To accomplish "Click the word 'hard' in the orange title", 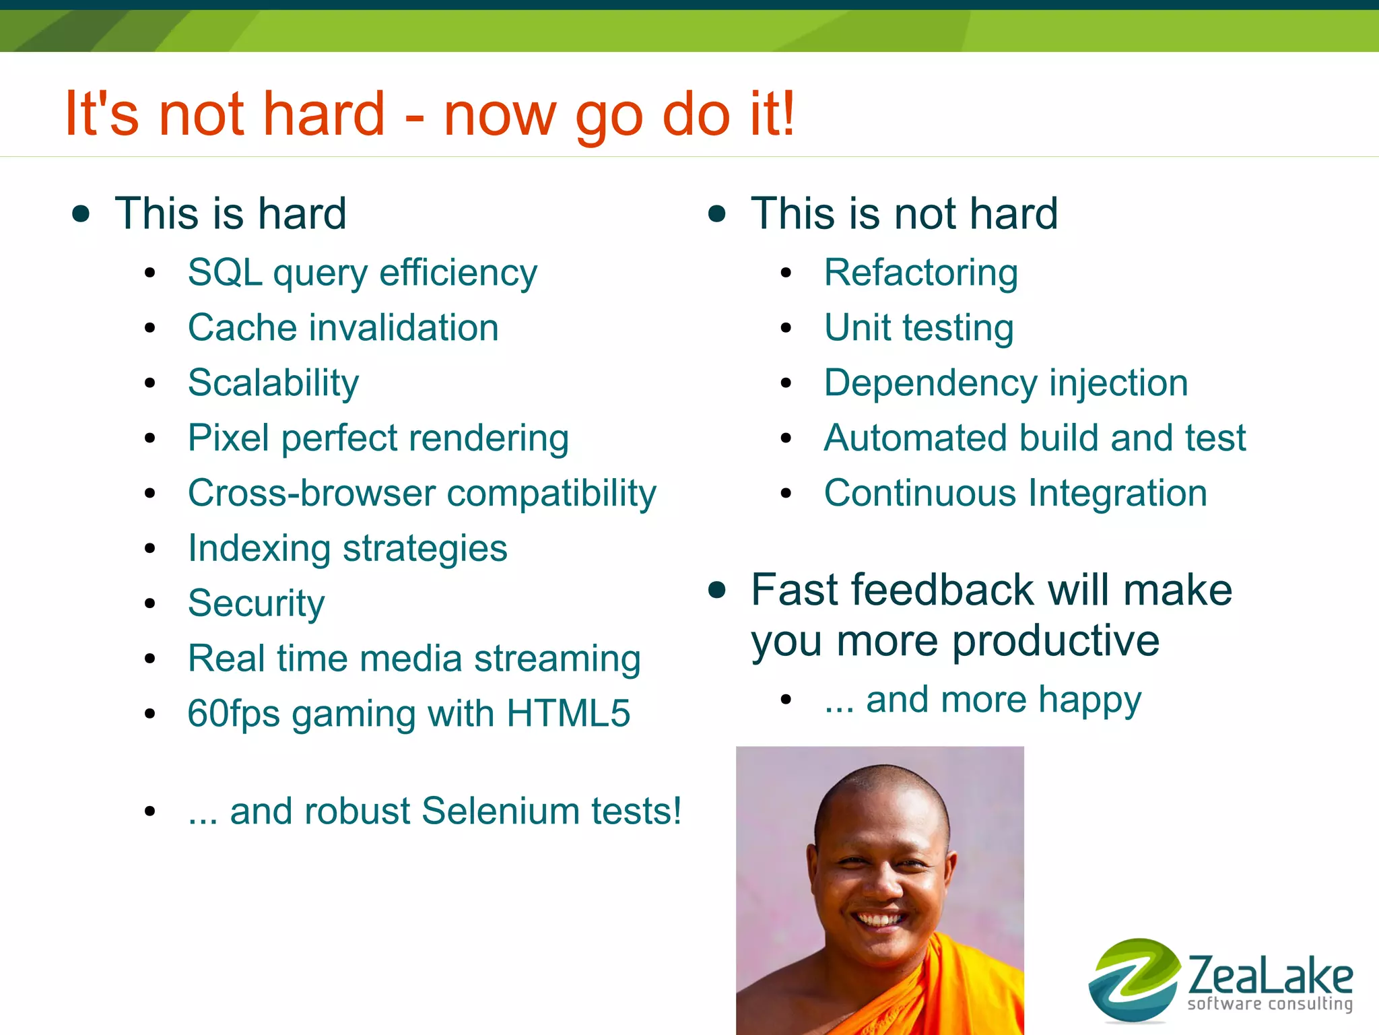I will (x=323, y=114).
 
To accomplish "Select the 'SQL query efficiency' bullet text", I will (x=362, y=273).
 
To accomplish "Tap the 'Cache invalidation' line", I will (x=343, y=329).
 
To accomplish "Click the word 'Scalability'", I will (x=273, y=384).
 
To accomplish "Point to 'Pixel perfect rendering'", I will (x=378, y=439).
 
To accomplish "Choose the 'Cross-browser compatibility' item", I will (x=422, y=494).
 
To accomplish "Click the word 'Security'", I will (x=256, y=603).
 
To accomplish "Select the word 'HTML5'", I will (x=568, y=714).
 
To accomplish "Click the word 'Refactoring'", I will (x=920, y=273).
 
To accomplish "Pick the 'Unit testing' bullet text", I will (x=918, y=329).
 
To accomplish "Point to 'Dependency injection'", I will (x=1006, y=384).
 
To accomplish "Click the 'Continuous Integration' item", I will (x=1015, y=494).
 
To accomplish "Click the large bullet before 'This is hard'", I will (x=81, y=214).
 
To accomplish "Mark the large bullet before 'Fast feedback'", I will (x=718, y=591).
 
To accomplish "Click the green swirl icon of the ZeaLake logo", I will (x=1133, y=980).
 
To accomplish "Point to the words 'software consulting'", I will (x=1269, y=1004).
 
